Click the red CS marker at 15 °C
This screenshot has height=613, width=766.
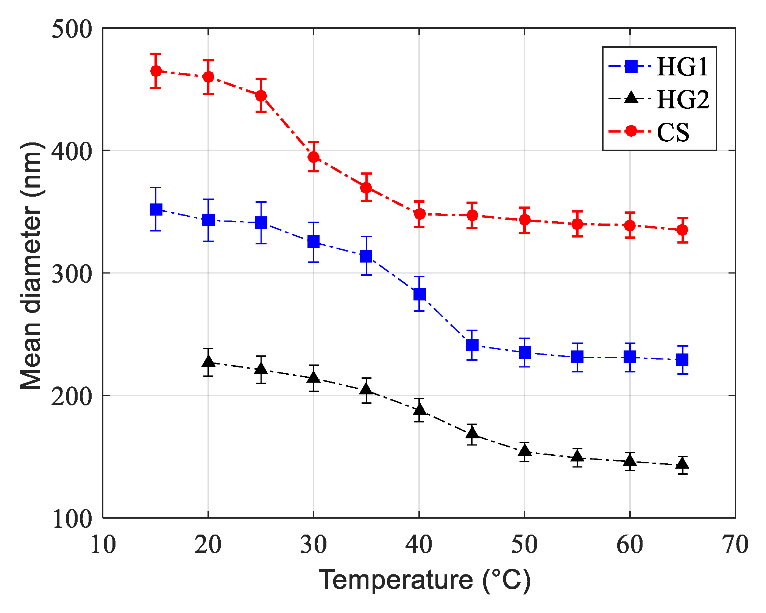pos(156,71)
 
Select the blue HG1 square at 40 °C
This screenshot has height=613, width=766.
pos(419,294)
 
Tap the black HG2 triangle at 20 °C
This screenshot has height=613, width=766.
pos(208,361)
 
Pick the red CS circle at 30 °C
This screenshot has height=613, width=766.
pos(314,157)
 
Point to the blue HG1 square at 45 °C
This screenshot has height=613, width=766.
pos(472,345)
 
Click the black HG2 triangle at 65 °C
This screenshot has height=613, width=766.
pos(682,463)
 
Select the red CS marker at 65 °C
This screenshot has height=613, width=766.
pos(682,230)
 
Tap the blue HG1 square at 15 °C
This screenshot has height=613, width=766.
pos(156,209)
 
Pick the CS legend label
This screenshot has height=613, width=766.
pos(673,132)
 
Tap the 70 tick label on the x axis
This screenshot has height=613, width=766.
pos(735,545)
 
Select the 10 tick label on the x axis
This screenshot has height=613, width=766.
pos(103,545)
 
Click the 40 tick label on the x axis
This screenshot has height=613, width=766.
pos(419,545)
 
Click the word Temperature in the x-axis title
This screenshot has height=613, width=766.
pos(396,580)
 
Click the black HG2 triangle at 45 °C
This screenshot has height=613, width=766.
pos(472,433)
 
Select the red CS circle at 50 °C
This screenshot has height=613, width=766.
pos(524,220)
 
